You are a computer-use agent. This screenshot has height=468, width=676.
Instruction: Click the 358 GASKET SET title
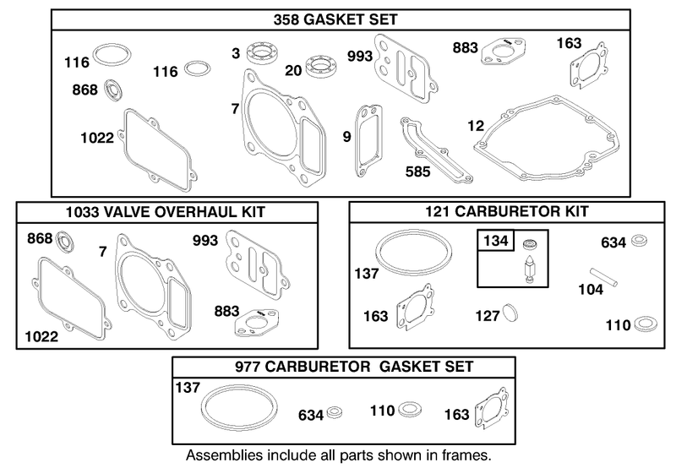click(x=335, y=19)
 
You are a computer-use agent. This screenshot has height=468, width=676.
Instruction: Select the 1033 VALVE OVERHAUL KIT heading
click(x=166, y=212)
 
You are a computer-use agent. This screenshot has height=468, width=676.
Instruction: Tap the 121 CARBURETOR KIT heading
click(x=507, y=211)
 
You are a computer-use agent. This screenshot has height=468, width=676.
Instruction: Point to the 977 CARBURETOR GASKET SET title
click(x=354, y=367)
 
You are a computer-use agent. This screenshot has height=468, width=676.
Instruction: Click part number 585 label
click(x=417, y=172)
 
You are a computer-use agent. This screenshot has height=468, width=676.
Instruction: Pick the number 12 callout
click(x=476, y=126)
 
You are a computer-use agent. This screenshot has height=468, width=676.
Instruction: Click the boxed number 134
click(x=496, y=241)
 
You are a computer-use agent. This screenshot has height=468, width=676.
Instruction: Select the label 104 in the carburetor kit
click(x=591, y=290)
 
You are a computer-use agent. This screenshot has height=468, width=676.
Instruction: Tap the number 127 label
click(x=488, y=316)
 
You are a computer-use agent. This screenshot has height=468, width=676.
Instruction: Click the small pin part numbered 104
click(x=603, y=277)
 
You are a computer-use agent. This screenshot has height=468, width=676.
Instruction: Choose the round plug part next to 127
click(x=510, y=313)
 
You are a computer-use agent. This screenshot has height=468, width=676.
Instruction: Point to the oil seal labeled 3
click(x=261, y=53)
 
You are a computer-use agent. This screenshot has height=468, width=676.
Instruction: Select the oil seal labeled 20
click(x=320, y=67)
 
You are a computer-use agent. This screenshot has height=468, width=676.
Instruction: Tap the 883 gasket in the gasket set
click(x=503, y=52)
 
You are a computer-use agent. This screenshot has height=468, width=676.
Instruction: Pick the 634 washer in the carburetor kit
click(x=639, y=241)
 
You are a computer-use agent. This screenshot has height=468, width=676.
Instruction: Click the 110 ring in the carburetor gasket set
click(x=410, y=410)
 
